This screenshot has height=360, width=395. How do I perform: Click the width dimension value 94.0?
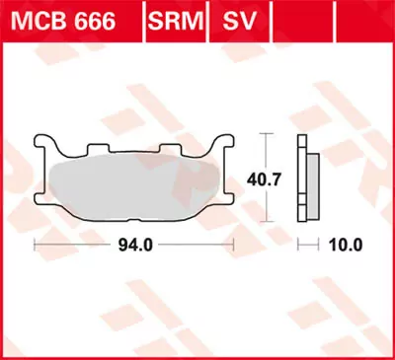[x=134, y=244]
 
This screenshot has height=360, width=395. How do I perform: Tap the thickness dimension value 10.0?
[x=348, y=244]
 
